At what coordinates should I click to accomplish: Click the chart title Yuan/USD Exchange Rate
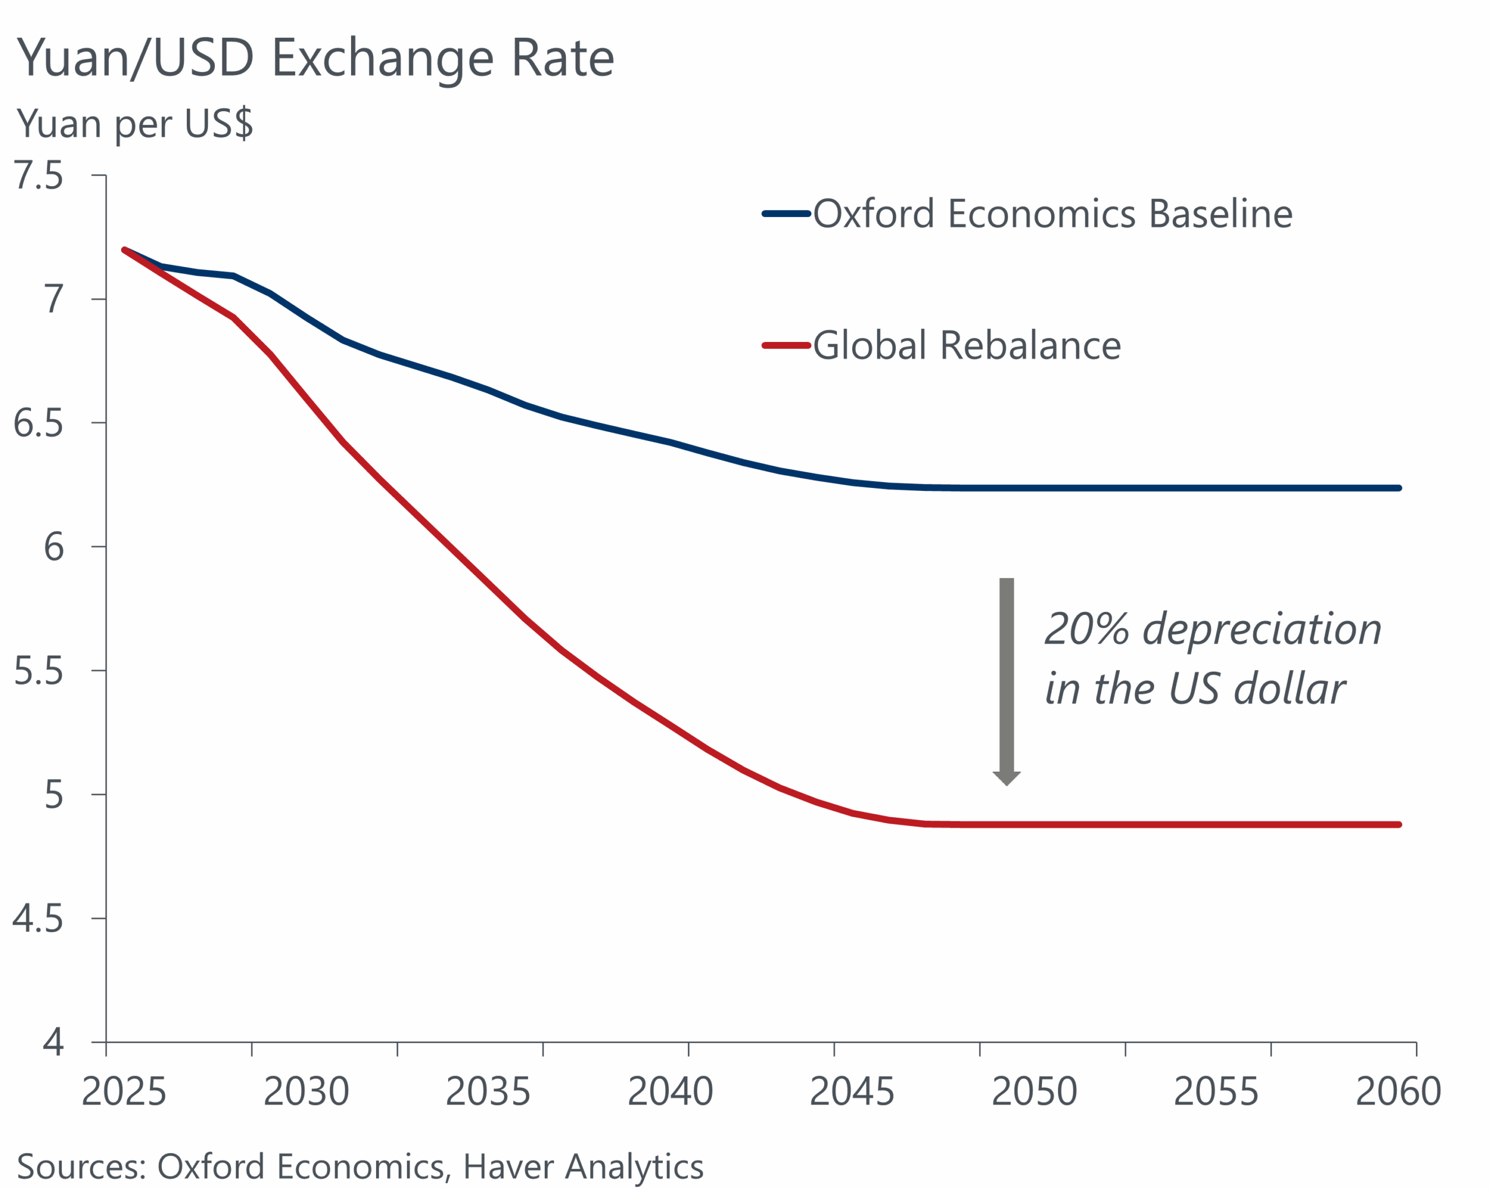315,58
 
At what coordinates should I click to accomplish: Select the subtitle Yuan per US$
135,124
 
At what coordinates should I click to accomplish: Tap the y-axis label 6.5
38,423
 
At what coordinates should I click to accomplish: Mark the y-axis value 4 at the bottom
53,1042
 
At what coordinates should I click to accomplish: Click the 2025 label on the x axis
124,1091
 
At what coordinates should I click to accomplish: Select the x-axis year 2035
488,1091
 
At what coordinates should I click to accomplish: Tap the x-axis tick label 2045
852,1091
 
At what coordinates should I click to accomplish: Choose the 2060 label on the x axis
1398,1091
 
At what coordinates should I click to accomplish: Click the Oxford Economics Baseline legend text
1052,213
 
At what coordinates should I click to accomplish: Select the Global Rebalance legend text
967,345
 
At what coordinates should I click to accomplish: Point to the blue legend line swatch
786,214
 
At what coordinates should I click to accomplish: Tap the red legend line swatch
786,345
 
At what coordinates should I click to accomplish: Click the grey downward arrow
1007,680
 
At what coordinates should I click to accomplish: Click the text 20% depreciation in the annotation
1213,629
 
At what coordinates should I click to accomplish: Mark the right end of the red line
1399,825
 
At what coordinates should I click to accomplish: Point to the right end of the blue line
1399,489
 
